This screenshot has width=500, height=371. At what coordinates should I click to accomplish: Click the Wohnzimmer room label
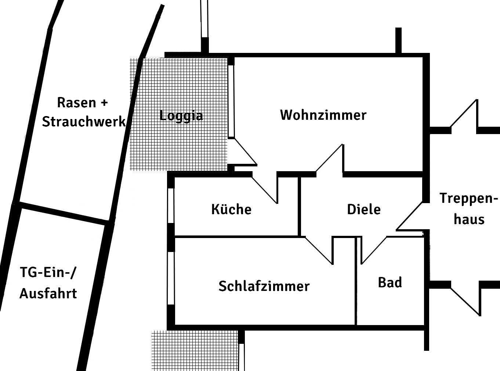pyautogui.click(x=323, y=115)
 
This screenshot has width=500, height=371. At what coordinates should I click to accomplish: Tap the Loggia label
pyautogui.click(x=181, y=116)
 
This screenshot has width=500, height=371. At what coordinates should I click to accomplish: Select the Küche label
pyautogui.click(x=231, y=209)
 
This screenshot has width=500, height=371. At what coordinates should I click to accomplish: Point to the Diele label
pyautogui.click(x=364, y=209)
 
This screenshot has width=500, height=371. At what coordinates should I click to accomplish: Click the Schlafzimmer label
pyautogui.click(x=264, y=286)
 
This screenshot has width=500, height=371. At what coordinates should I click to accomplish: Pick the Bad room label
pyautogui.click(x=390, y=282)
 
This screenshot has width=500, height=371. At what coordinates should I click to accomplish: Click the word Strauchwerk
pyautogui.click(x=84, y=121)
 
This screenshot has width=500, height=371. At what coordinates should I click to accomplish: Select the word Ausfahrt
pyautogui.click(x=48, y=293)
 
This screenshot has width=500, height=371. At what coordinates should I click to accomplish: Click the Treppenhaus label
pyautogui.click(x=469, y=209)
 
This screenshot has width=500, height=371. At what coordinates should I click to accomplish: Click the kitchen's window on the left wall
pyautogui.click(x=171, y=205)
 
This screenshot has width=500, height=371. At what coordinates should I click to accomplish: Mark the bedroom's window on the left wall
pyautogui.click(x=171, y=278)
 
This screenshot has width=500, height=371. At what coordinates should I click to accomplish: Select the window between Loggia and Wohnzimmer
pyautogui.click(x=231, y=101)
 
